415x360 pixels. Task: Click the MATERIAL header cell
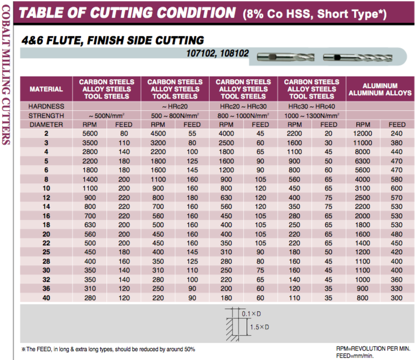click(x=46, y=89)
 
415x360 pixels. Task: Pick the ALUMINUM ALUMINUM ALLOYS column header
click(x=380, y=89)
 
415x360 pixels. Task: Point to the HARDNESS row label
click(x=46, y=106)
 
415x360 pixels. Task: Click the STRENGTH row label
click(x=46, y=116)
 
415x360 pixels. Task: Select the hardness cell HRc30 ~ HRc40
click(x=311, y=106)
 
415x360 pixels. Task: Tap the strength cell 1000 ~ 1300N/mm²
click(x=311, y=116)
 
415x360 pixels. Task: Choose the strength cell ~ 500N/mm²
click(x=106, y=116)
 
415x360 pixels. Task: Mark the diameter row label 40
click(x=46, y=299)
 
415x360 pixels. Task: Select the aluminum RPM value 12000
click(x=363, y=133)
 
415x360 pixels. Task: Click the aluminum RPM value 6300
click(x=363, y=162)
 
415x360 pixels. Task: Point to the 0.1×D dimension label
click(x=250, y=314)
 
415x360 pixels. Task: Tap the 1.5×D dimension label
click(x=259, y=327)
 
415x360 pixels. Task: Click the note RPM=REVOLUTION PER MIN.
click(x=373, y=348)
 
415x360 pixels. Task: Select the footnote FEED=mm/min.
click(x=355, y=356)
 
